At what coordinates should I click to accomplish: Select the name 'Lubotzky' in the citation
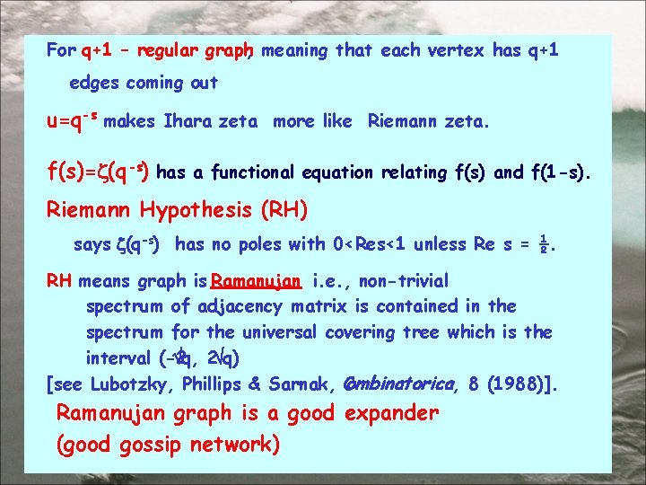[x=132, y=384]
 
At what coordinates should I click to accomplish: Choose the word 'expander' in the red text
[x=392, y=413]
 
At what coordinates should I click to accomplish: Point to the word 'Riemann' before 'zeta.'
[x=402, y=121]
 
